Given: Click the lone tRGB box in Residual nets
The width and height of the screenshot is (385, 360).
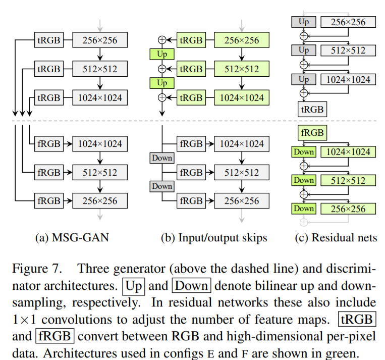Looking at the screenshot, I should (311, 109).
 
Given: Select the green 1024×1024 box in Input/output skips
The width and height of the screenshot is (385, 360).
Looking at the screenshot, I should (242, 97).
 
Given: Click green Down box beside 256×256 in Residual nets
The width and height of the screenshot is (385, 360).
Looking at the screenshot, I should (304, 209).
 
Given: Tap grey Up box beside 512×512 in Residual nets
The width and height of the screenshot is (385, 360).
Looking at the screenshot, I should (304, 50).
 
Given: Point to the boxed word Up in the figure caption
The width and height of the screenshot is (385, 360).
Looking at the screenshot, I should (134, 286).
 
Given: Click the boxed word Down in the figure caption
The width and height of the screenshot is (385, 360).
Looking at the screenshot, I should (192, 286).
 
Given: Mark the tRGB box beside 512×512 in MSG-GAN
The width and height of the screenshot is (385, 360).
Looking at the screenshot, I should (48, 69).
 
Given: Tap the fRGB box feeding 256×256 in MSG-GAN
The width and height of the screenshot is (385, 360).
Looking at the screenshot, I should (48, 201).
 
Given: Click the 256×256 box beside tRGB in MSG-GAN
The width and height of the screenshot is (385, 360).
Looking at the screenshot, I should (100, 39).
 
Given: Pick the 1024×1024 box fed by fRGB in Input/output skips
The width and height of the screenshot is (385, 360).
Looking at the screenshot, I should (242, 144).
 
